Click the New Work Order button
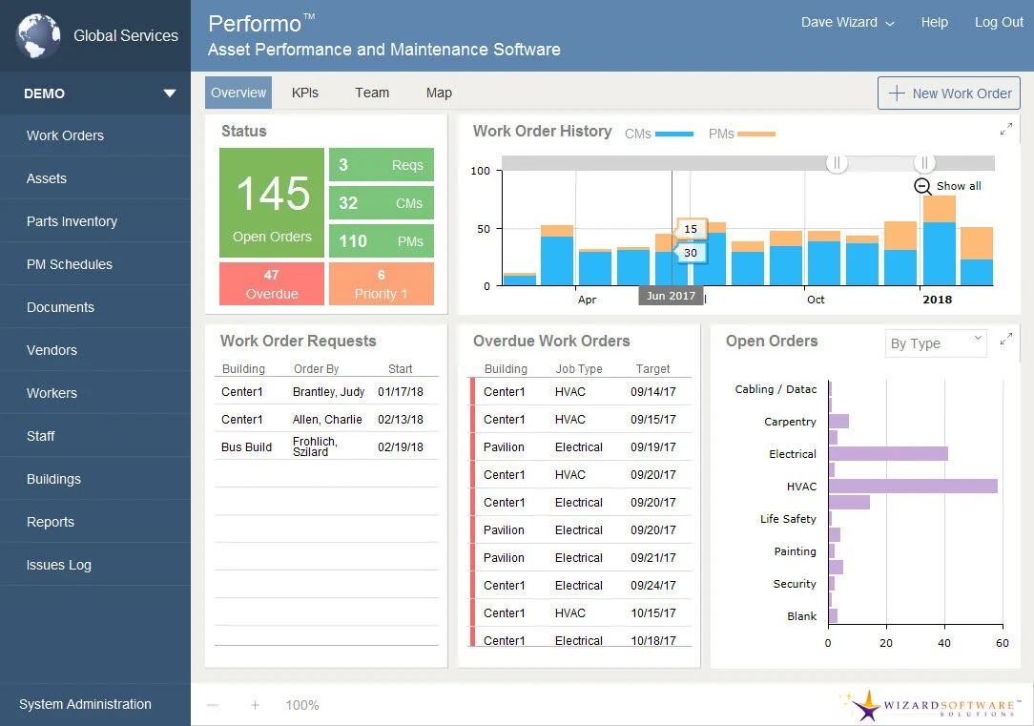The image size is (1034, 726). [949, 93]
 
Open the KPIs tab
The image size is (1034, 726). [305, 93]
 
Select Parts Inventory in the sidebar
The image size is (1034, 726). [72, 221]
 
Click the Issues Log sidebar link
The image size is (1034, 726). [59, 565]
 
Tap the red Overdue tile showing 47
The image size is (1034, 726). [272, 284]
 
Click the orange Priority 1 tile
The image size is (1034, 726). [381, 284]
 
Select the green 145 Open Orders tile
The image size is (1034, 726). [273, 203]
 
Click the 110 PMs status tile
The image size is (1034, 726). [381, 241]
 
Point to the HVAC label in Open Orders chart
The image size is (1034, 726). [801, 487]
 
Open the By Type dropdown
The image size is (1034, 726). [935, 343]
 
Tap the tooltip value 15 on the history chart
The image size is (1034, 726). [690, 229]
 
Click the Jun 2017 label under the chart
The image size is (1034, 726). [670, 296]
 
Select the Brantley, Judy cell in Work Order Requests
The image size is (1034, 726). [328, 391]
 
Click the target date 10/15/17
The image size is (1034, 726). [653, 612]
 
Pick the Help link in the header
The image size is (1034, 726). [934, 22]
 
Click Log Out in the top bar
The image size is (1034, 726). [999, 22]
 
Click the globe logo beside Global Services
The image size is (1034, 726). [38, 36]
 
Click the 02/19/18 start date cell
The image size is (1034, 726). [401, 446]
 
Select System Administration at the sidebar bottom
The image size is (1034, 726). [85, 704]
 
